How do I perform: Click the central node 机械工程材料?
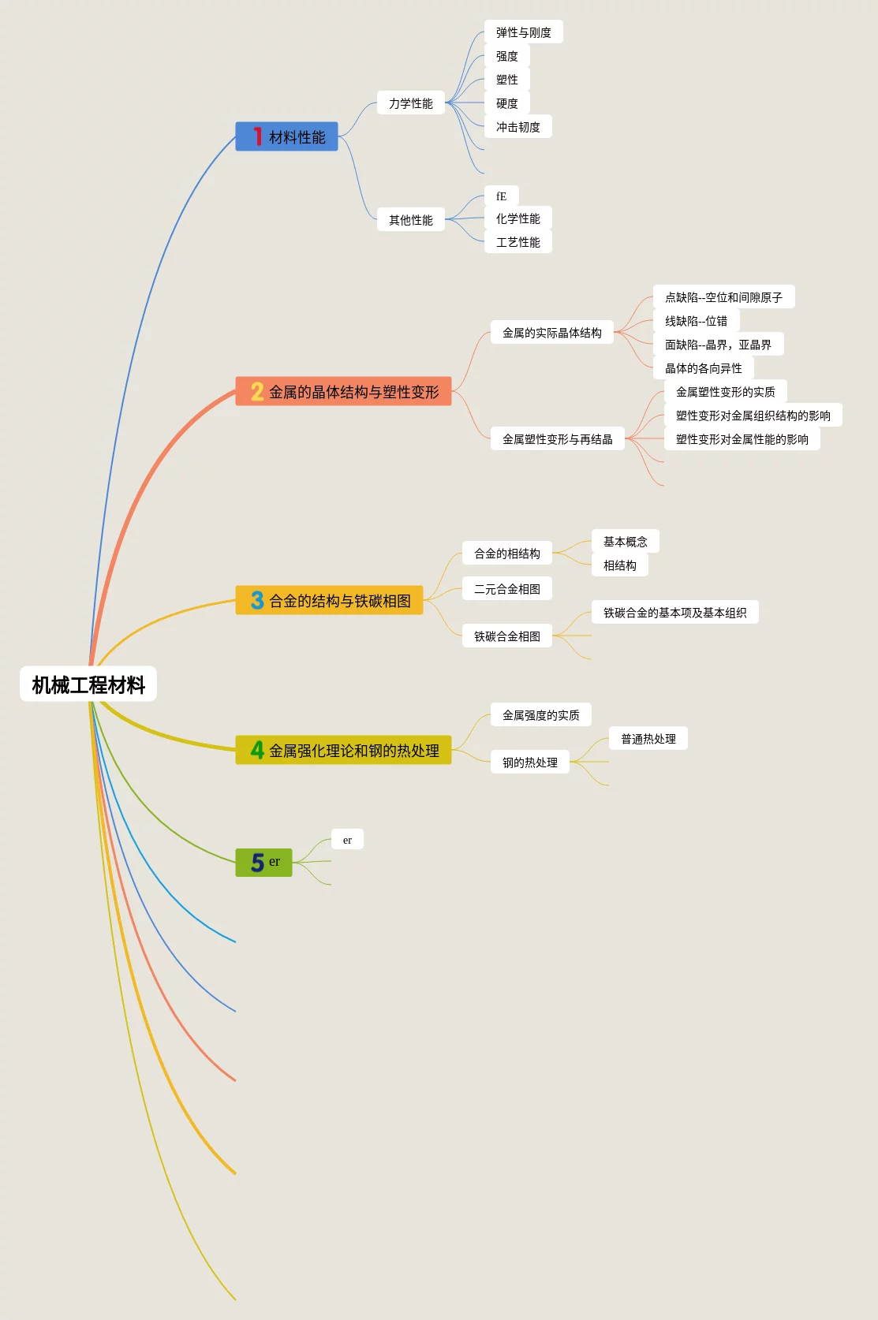(88, 684)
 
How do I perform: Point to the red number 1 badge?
(257, 136)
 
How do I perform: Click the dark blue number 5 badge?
(257, 863)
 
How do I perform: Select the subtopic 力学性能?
(410, 103)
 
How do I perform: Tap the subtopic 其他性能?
(410, 220)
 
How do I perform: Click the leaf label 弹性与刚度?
(523, 32)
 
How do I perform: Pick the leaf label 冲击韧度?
(517, 127)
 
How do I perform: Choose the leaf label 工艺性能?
(517, 242)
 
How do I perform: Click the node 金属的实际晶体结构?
(551, 333)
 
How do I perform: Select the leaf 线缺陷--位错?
(696, 321)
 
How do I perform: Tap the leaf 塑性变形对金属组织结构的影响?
(753, 416)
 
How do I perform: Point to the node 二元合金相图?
(506, 589)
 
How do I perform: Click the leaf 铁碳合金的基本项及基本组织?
(674, 613)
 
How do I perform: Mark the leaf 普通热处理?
(648, 739)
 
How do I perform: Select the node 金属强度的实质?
(540, 715)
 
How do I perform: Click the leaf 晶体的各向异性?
(703, 368)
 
